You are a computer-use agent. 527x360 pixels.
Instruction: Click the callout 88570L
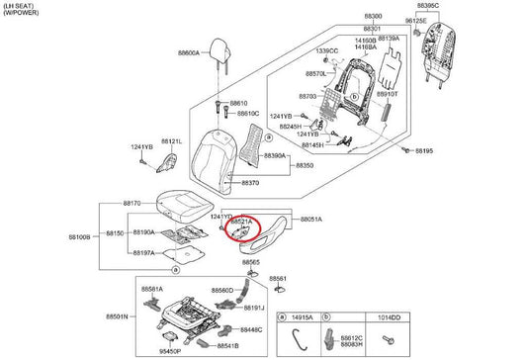tap(316, 74)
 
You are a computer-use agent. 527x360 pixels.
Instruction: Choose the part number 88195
tap(424, 151)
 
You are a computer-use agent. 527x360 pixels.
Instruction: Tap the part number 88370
tap(250, 183)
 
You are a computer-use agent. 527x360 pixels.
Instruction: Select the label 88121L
tap(172, 142)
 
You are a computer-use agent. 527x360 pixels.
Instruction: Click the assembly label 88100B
tap(80, 237)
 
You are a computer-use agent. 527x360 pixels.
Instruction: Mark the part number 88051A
tap(311, 219)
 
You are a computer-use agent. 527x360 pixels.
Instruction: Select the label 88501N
tap(117, 316)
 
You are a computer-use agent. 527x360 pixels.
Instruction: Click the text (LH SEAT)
tap(21, 6)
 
